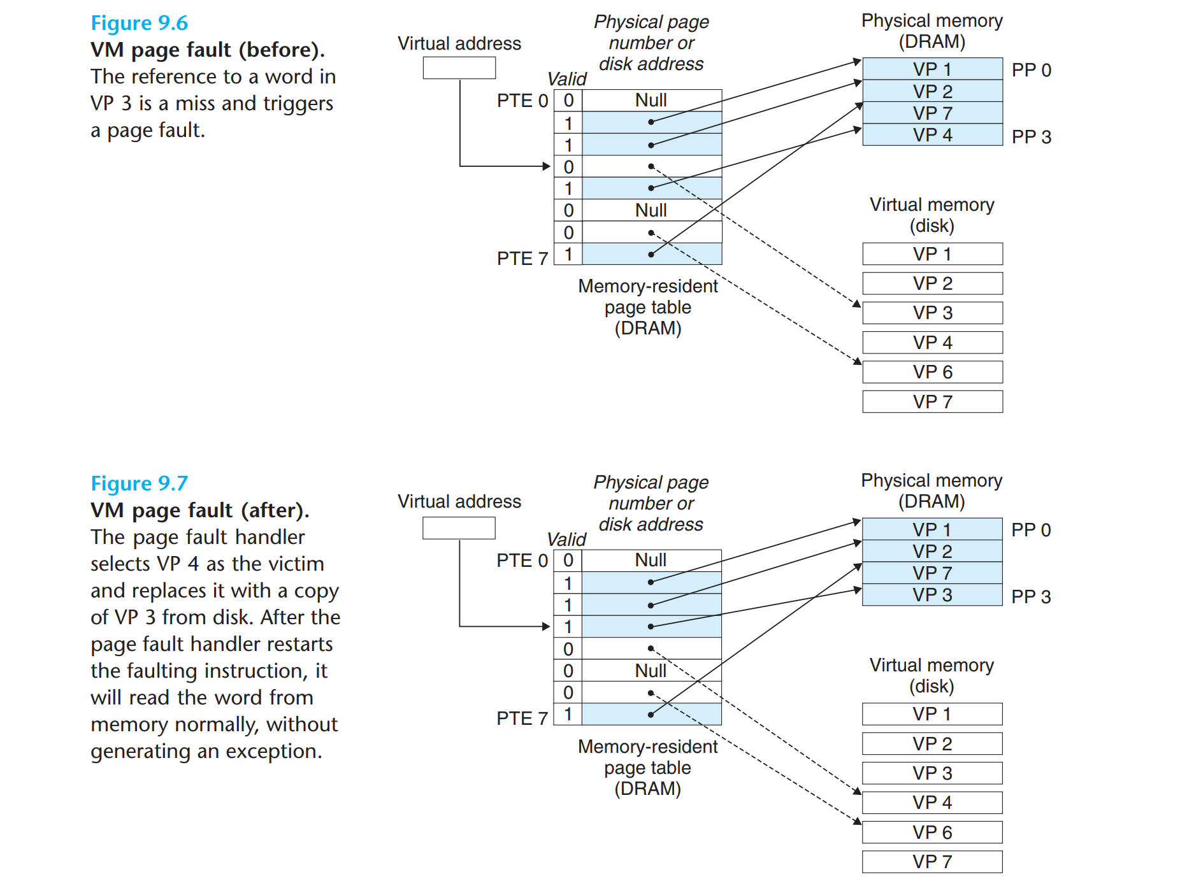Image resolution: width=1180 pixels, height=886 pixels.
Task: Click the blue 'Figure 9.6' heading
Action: (139, 24)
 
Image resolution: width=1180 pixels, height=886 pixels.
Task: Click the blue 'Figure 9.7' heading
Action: (139, 484)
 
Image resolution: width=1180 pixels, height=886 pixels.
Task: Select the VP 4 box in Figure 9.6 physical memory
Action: (932, 135)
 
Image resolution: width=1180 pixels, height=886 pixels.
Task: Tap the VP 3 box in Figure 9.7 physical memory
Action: (932, 595)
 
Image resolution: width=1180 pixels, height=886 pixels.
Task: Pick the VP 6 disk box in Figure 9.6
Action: (932, 372)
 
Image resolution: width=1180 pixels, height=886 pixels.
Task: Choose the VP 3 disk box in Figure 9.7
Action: (932, 773)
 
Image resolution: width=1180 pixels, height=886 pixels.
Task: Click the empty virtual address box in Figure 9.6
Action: (459, 68)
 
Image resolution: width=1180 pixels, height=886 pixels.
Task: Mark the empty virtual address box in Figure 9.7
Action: (458, 528)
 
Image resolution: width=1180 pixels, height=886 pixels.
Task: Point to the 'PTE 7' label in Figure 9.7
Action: (522, 718)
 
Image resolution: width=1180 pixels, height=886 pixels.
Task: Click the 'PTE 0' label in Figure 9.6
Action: (522, 101)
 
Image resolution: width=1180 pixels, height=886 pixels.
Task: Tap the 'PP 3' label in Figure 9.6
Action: (1031, 137)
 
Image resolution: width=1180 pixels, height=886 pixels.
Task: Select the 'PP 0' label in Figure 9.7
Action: (1031, 530)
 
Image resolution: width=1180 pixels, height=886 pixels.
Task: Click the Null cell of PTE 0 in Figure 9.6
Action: (651, 101)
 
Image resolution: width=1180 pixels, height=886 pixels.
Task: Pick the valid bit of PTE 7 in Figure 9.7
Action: (568, 714)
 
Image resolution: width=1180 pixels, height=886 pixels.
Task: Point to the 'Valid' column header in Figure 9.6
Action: (566, 79)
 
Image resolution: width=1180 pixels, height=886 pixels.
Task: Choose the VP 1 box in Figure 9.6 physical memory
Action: (932, 69)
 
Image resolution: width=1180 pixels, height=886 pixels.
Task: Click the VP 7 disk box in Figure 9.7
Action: (932, 862)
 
